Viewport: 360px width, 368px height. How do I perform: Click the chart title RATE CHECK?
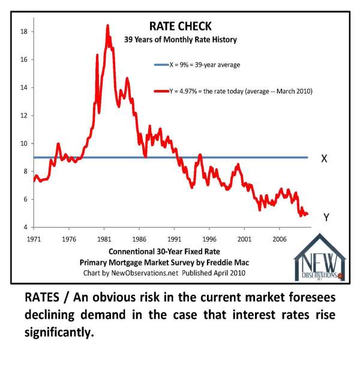pyautogui.click(x=180, y=26)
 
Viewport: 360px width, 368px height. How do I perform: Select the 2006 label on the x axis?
pyautogui.click(x=279, y=238)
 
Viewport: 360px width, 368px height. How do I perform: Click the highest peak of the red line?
pyautogui.click(x=107, y=26)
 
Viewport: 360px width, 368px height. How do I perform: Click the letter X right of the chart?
pyautogui.click(x=324, y=159)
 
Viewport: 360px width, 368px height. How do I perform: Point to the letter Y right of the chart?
pyautogui.click(x=326, y=218)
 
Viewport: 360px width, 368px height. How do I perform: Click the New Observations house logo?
pyautogui.click(x=320, y=258)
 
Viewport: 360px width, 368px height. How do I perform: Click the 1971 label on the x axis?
pyautogui.click(x=34, y=238)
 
